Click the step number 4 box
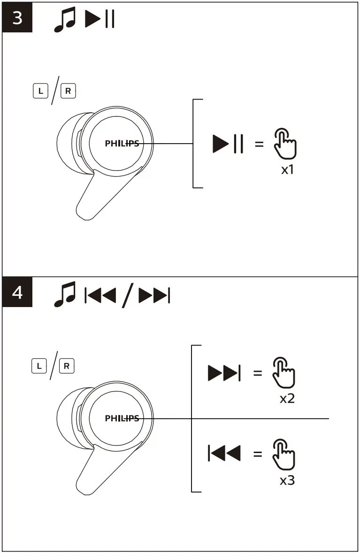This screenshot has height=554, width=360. (17, 293)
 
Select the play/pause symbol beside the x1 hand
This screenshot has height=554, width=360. (228, 144)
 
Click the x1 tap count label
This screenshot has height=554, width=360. (287, 169)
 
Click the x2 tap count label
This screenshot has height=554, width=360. (287, 399)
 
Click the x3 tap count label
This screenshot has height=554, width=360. (287, 480)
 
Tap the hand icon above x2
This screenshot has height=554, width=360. (283, 373)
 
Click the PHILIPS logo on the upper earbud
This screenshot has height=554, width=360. (122, 144)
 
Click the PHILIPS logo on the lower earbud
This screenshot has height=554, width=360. (122, 418)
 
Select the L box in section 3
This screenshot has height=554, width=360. (41, 91)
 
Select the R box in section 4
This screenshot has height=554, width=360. (68, 365)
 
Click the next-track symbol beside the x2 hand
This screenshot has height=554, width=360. (224, 373)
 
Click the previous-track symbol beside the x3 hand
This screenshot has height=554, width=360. (224, 454)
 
